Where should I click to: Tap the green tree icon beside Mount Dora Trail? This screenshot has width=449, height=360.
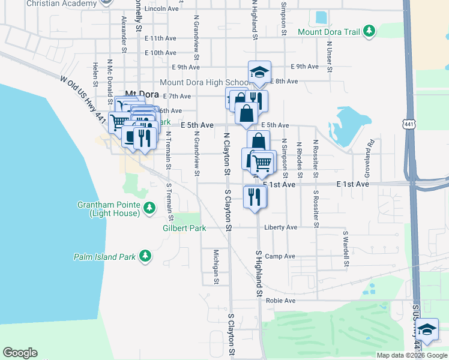coord(370,30)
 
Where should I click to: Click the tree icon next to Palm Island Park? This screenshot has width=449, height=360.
coord(145,256)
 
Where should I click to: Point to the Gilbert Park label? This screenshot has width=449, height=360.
coord(184,228)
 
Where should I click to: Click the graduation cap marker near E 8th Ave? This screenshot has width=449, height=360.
coord(259,73)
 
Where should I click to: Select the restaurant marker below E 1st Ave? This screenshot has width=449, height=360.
coord(255,196)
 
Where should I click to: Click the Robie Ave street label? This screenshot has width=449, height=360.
coord(282,300)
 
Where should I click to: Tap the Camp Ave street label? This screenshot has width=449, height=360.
coord(280,256)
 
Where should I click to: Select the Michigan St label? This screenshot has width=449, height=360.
coord(215,266)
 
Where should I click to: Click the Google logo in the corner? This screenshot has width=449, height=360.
coord(20,353)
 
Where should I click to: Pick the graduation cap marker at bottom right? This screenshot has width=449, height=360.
coord(427,330)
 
